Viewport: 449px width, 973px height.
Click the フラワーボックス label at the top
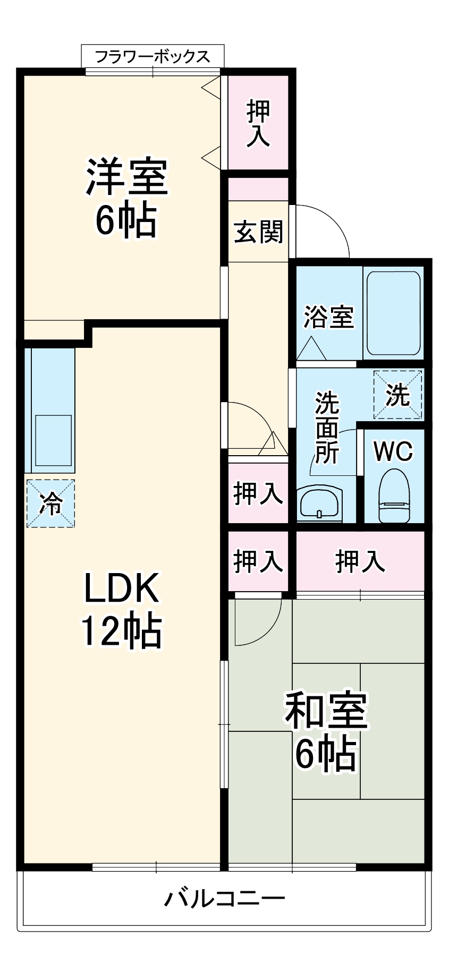(x=153, y=56)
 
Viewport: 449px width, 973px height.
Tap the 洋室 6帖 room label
(x=126, y=198)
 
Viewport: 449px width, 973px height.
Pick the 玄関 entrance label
(x=259, y=232)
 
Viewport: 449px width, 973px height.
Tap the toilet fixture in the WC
(x=394, y=496)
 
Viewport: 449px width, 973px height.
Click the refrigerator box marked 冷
(x=51, y=503)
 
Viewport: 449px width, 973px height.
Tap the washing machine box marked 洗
(x=397, y=395)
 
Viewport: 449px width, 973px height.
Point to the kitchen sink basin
(x=53, y=440)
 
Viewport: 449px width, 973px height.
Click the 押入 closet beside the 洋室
(x=258, y=123)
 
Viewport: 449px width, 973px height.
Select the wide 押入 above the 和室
(x=360, y=561)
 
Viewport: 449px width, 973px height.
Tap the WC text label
(x=393, y=452)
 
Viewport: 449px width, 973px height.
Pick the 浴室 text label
(x=328, y=317)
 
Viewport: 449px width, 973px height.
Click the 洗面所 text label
(x=327, y=428)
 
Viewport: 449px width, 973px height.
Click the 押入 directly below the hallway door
(x=258, y=493)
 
